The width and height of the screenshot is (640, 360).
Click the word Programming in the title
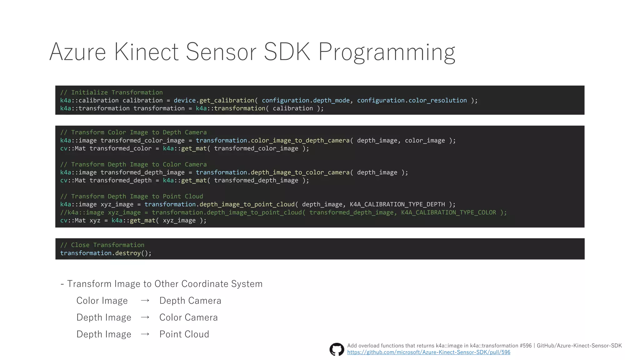click(387, 52)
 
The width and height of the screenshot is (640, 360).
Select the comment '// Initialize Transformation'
click(112, 92)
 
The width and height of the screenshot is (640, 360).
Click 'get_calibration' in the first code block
click(227, 100)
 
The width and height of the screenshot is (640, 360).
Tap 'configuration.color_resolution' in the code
click(412, 100)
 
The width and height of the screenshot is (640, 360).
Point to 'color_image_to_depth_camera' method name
click(300, 140)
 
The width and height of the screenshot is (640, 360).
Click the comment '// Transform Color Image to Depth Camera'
click(133, 132)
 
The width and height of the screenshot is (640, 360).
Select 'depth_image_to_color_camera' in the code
click(300, 172)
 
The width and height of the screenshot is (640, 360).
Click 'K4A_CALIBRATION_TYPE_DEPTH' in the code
click(397, 204)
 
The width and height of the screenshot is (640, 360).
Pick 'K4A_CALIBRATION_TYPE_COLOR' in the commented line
click(448, 212)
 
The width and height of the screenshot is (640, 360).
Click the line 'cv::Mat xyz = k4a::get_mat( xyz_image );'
click(133, 221)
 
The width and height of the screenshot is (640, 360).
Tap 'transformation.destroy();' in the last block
click(106, 253)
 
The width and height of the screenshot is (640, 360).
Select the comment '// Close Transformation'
click(102, 245)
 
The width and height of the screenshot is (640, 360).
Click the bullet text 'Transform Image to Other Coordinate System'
click(165, 284)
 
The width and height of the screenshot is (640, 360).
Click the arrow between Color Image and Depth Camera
click(145, 301)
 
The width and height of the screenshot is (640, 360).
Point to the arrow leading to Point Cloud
click(145, 334)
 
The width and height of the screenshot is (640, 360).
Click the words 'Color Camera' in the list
click(188, 317)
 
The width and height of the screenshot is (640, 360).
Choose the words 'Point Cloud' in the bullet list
click(184, 334)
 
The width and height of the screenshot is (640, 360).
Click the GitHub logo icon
click(337, 349)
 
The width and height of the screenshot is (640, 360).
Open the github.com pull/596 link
click(428, 352)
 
